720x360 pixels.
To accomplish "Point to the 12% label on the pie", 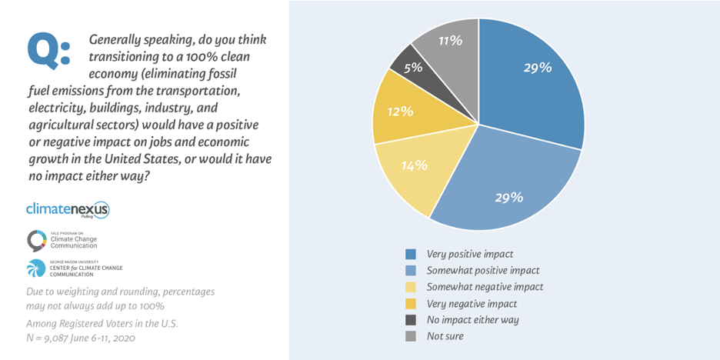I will tap(401, 112).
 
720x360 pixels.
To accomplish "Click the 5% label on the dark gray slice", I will tap(412, 67).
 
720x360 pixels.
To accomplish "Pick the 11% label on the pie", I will tap(450, 41).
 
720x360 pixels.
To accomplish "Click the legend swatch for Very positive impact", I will tap(412, 254).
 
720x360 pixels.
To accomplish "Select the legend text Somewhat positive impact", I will tap(483, 270).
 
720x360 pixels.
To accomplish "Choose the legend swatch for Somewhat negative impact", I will tap(412, 287).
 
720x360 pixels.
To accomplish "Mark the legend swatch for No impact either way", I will tap(412, 319).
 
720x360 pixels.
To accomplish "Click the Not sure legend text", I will tap(445, 336).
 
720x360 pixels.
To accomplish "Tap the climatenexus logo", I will tap(68, 209).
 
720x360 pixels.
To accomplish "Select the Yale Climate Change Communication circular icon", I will tap(35, 241).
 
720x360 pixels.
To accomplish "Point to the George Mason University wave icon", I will tap(35, 268).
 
